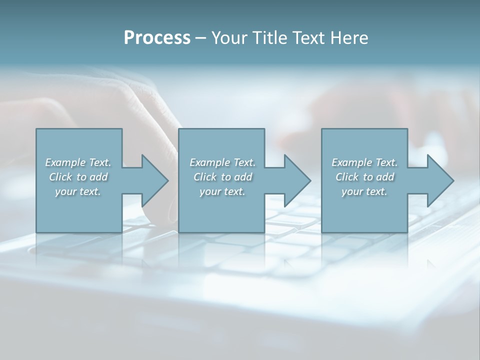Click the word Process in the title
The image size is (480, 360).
pyautogui.click(x=157, y=38)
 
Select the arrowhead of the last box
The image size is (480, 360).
pyautogui.click(x=440, y=180)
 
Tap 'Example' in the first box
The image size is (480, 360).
pyautogui.click(x=65, y=162)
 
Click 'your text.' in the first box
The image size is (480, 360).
pyautogui.click(x=78, y=191)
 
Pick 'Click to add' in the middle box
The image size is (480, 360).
pyautogui.click(x=222, y=177)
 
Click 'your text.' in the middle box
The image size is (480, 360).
pyautogui.click(x=222, y=191)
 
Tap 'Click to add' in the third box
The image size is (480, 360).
pyautogui.click(x=364, y=177)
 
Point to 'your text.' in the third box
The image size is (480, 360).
pyautogui.click(x=364, y=191)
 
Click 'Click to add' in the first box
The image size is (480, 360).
pyautogui.click(x=78, y=177)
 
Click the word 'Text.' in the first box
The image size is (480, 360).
pyautogui.click(x=99, y=162)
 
